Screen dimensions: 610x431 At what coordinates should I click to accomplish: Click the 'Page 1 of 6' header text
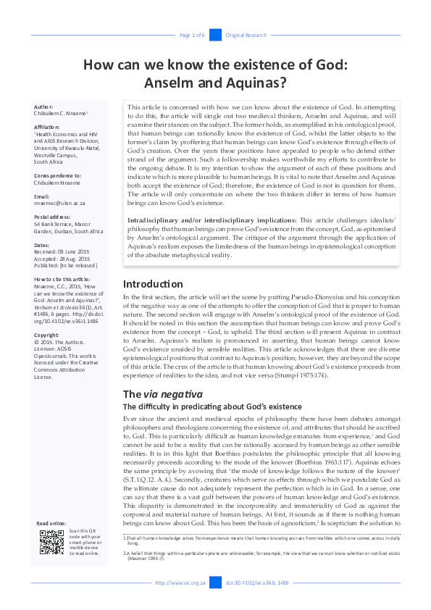coord(192,35)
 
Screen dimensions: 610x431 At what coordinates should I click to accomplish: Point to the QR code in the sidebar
coord(51,543)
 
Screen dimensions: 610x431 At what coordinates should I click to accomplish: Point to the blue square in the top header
coord(215,35)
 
